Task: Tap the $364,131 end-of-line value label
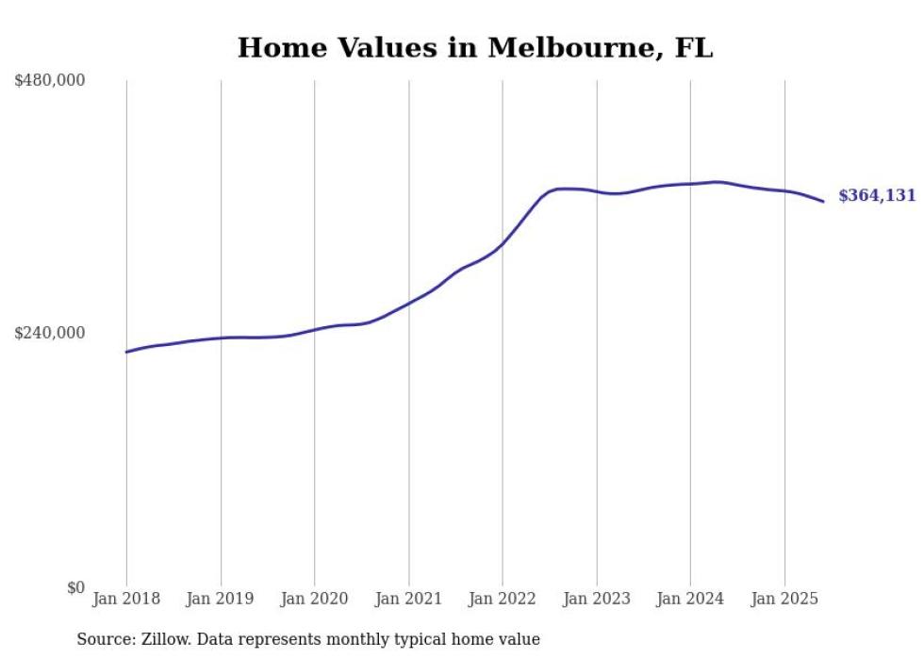(877, 196)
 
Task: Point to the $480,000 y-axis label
(50, 81)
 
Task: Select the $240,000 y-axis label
(50, 333)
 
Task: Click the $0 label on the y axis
(75, 587)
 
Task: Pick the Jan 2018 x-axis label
(126, 599)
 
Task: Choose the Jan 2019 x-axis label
(221, 599)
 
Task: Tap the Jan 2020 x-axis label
(315, 599)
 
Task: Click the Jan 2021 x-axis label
(408, 599)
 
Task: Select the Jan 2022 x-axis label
(503, 599)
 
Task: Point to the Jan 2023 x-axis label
(597, 599)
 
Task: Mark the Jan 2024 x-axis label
(690, 599)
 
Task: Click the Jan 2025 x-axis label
(784, 599)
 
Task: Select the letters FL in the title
(693, 48)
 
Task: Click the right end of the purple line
(823, 201)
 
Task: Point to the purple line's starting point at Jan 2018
(126, 352)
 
